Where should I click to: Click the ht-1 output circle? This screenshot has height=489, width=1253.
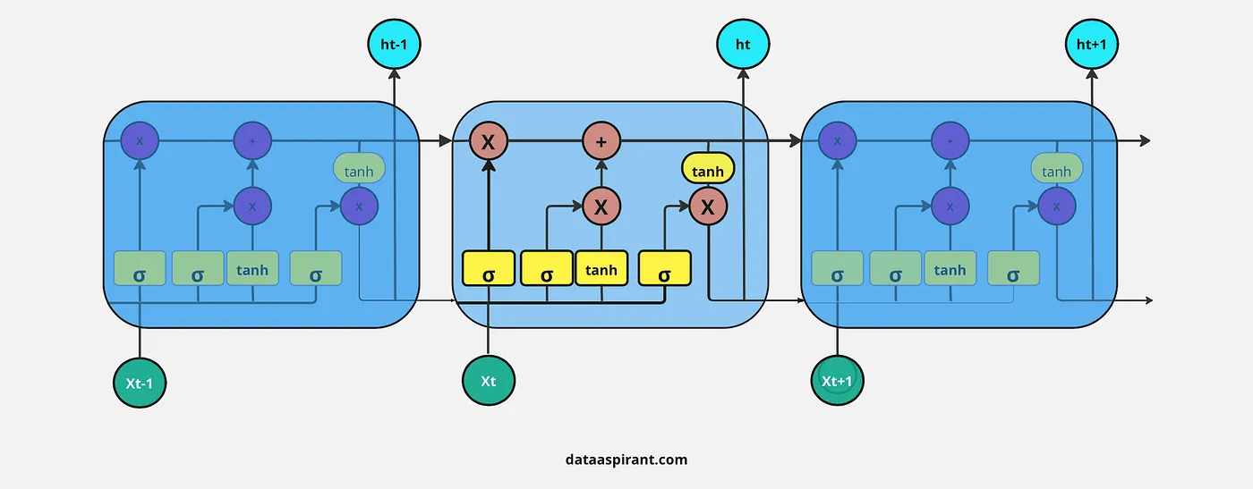point(394,43)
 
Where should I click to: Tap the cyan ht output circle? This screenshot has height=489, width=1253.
point(743,43)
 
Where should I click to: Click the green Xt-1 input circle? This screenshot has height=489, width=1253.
point(140,383)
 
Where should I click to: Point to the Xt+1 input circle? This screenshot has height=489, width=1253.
point(837,382)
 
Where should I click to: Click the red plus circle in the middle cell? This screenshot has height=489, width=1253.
point(601,141)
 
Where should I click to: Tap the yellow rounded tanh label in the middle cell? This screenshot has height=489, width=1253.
point(708,169)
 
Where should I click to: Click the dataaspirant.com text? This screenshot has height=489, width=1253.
point(626,459)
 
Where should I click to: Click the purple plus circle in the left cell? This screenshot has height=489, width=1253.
point(252,141)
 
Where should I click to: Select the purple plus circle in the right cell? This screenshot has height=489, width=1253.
point(950,141)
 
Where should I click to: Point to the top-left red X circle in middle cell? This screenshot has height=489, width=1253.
point(489,141)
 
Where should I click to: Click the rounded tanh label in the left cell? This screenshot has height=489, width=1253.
point(359,169)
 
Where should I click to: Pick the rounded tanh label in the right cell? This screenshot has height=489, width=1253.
point(1057,169)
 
